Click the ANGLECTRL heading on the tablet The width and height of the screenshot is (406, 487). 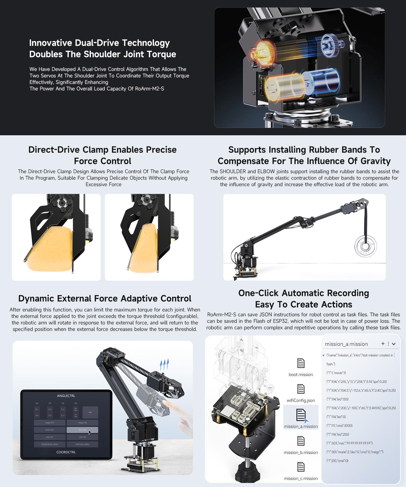[66, 396]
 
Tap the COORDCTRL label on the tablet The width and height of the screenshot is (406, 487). [66, 452]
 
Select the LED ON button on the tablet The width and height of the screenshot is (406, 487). [82, 437]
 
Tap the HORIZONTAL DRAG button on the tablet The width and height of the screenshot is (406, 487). [50, 444]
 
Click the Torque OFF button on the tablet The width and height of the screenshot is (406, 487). [50, 423]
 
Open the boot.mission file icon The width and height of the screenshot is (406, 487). [301, 363]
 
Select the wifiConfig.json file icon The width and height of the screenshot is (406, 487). [301, 389]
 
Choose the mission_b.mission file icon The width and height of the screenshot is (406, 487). [301, 441]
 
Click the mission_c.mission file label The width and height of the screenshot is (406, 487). [301, 478]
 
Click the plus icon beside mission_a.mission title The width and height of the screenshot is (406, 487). [383, 344]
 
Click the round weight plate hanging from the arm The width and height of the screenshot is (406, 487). [365, 246]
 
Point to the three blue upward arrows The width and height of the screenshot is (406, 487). [164, 365]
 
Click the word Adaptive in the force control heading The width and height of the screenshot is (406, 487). [140, 298]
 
